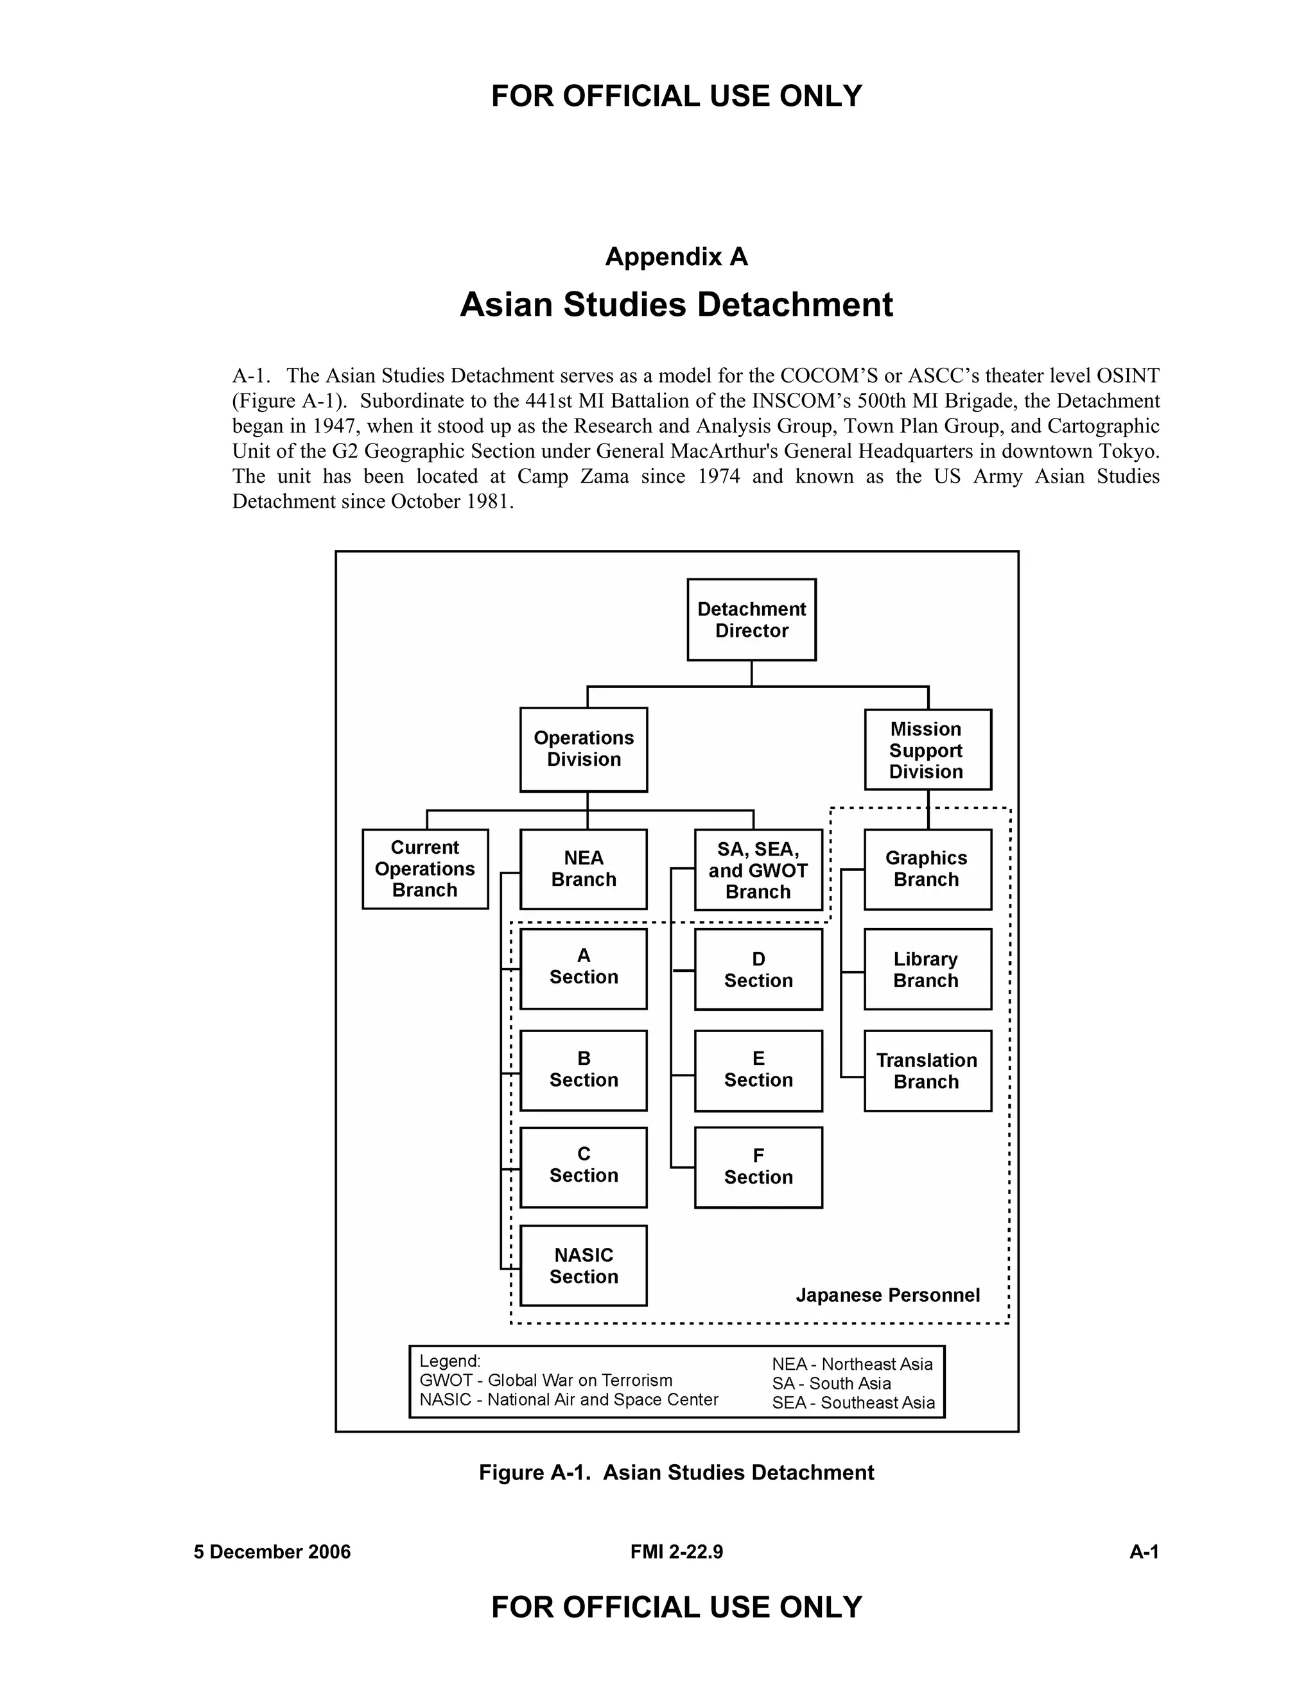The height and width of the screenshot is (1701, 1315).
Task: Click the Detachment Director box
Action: pos(751,619)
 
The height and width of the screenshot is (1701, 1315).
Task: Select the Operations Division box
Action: pos(584,748)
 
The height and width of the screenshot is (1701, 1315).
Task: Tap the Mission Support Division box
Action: pos(927,749)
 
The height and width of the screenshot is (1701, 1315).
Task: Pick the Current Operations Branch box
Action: pos(425,868)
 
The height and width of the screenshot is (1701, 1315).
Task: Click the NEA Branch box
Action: pos(584,868)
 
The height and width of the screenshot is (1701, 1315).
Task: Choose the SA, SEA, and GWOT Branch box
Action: pos(758,869)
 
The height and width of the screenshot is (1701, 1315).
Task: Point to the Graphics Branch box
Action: pos(927,868)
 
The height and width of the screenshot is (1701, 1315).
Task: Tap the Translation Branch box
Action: pos(927,1070)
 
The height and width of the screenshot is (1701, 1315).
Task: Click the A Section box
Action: pos(584,967)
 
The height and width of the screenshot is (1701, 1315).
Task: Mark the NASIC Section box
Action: pos(584,1265)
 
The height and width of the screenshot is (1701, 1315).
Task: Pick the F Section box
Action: pos(758,1167)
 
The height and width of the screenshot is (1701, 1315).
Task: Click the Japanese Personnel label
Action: pos(887,1295)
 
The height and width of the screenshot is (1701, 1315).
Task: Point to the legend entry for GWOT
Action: pos(545,1380)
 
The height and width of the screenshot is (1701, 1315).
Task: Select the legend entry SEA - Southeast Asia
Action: pos(853,1403)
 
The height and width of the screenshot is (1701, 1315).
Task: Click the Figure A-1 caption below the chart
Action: pos(676,1472)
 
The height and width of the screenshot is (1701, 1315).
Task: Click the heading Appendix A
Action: pos(676,256)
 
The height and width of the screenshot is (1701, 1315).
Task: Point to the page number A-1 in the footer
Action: pos(1144,1551)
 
